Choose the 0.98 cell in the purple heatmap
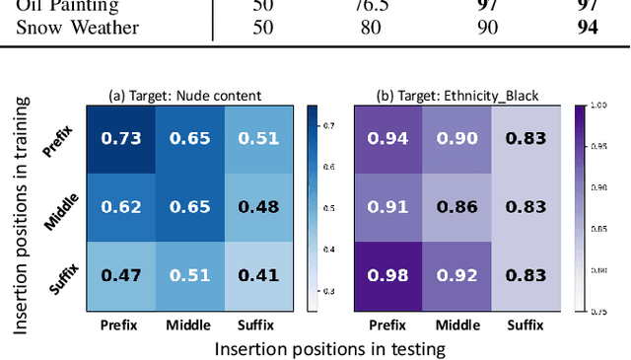[387, 275]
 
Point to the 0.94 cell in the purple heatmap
[387, 139]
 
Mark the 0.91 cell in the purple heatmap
[387, 207]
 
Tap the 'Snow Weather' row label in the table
[77, 27]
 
